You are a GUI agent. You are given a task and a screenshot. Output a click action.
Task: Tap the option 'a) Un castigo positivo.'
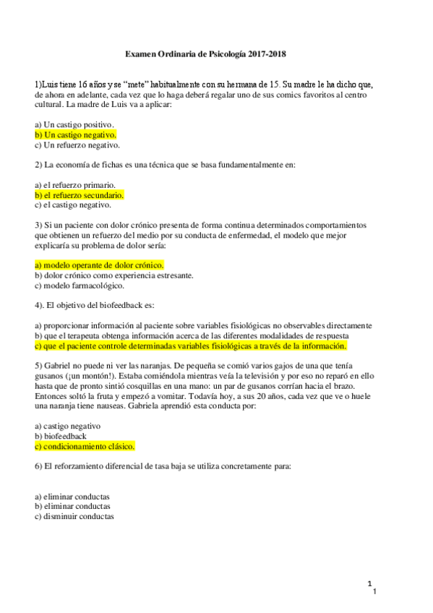[76, 125]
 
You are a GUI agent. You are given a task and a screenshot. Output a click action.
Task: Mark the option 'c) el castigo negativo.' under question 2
[77, 205]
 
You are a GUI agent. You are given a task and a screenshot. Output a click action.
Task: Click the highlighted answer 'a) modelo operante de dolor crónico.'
[99, 265]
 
